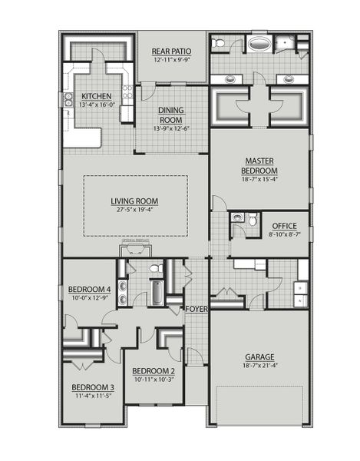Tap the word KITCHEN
[97, 97]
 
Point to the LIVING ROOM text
[139, 201]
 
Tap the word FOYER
[197, 309]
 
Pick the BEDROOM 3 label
[93, 387]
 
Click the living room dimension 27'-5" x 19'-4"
[139, 210]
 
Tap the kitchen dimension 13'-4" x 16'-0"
[97, 105]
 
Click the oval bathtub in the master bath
[262, 44]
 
